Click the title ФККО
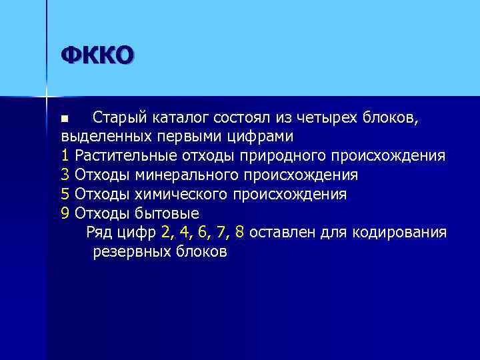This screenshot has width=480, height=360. click(97, 55)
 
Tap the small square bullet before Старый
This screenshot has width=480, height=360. click(65, 119)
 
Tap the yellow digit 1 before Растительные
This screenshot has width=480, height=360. click(65, 156)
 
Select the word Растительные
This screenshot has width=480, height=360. click(125, 156)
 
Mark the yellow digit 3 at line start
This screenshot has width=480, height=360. click(65, 175)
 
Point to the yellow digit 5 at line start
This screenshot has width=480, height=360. click(65, 194)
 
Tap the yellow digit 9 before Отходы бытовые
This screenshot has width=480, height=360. click(65, 213)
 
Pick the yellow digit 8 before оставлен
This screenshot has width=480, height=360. click(239, 233)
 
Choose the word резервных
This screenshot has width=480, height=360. click(131, 252)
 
